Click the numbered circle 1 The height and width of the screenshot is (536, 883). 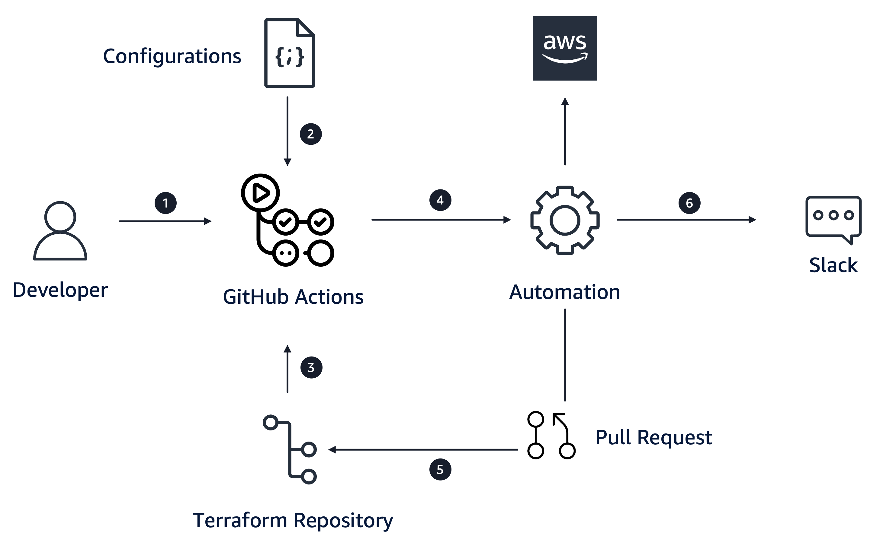[x=165, y=203]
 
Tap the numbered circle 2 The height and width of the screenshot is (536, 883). [x=311, y=134]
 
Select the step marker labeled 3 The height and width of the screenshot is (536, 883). [x=311, y=367]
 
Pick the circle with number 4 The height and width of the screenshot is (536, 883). [x=440, y=200]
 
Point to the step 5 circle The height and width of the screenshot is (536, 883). [x=440, y=469]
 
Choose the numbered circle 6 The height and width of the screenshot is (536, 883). [x=689, y=203]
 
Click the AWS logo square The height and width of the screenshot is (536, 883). [x=565, y=48]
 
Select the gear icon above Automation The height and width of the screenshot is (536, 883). [x=565, y=220]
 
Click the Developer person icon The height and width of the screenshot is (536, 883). [x=60, y=231]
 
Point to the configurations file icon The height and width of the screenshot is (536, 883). [x=290, y=53]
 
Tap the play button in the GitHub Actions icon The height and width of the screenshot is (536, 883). [x=261, y=193]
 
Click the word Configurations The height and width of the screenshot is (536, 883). [x=172, y=57]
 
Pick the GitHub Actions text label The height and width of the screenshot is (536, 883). [x=293, y=297]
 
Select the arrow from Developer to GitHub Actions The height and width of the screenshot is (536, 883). [x=165, y=221]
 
